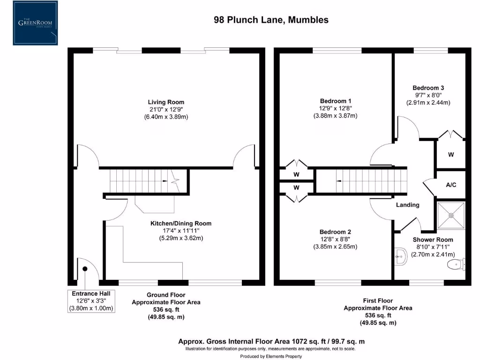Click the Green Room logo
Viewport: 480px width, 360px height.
35,23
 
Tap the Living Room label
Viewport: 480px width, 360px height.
166,102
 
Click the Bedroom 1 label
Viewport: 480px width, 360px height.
335,101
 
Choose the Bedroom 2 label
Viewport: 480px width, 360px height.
335,232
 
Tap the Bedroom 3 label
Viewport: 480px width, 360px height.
428,88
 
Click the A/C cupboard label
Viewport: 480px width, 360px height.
451,185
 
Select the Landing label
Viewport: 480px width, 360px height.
407,205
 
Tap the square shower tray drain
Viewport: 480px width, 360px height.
451,216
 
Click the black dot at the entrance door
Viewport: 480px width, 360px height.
85,269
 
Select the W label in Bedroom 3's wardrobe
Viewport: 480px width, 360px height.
450,155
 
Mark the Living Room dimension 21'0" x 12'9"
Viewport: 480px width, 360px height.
166,109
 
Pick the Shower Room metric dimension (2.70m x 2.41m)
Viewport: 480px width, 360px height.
431,255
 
